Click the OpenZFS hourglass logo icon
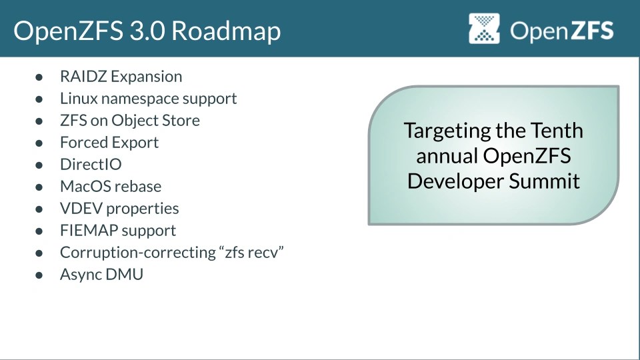[485, 29]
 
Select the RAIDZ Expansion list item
[121, 77]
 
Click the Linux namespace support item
[148, 99]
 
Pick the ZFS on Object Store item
[129, 121]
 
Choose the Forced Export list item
[109, 143]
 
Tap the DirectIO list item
[91, 165]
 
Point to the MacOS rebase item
[110, 187]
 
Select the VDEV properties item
[119, 209]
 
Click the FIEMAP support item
[117, 231]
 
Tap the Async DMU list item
[101, 274]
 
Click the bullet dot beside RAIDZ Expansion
[39, 77]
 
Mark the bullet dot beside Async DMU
[39, 275]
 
